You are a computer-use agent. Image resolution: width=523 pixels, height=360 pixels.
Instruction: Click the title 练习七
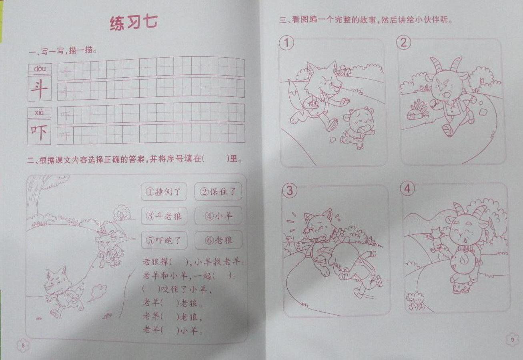[134, 23]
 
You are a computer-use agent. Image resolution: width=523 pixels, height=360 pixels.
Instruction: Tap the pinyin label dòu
[40, 69]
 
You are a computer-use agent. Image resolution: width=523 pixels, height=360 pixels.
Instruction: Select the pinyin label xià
[39, 112]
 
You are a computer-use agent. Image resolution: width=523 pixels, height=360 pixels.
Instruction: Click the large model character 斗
[39, 88]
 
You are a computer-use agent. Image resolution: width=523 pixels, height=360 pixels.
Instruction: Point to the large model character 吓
[39, 132]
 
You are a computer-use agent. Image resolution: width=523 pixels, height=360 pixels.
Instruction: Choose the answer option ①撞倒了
[164, 192]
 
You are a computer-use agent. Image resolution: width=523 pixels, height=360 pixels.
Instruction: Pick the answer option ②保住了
[218, 192]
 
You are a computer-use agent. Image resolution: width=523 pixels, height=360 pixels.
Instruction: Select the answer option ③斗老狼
[164, 216]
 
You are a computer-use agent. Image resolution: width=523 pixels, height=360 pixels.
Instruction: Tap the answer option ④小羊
[218, 216]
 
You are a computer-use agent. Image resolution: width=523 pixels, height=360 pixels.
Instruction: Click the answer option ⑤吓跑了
[164, 240]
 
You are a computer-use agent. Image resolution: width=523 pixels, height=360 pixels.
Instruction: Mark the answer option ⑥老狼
[218, 240]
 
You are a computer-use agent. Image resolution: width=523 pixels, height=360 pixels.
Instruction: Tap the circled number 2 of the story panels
[403, 42]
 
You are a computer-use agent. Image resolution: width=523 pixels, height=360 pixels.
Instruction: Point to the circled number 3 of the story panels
[290, 190]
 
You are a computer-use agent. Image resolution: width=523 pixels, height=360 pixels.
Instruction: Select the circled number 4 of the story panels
[407, 188]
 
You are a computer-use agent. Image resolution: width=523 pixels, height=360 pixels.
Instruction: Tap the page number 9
[512, 340]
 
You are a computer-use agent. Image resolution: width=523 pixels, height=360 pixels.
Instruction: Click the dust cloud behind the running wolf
[98, 292]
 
